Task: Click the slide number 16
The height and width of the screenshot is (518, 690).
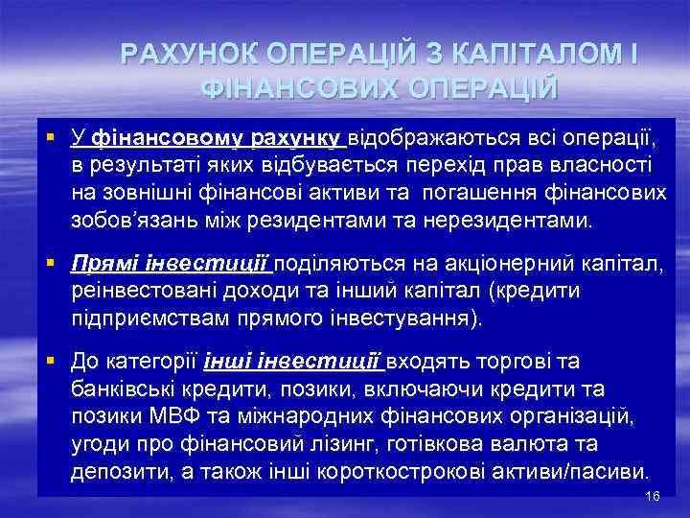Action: (654, 496)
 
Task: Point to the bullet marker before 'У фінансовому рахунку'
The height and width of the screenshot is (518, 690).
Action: (56, 139)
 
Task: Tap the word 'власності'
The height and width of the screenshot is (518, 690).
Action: (599, 166)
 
